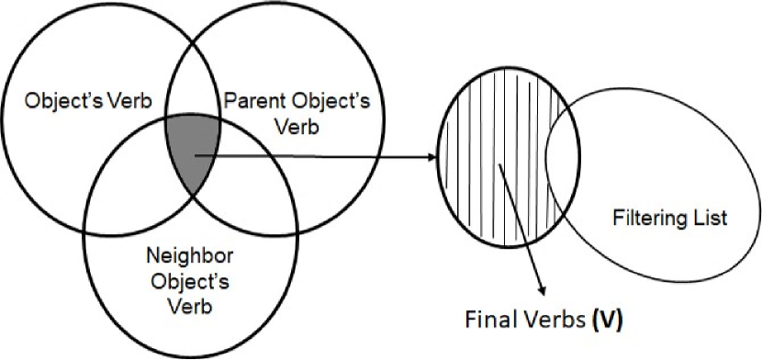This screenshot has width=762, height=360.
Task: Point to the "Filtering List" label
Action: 668,219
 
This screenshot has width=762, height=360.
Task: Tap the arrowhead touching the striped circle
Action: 431,158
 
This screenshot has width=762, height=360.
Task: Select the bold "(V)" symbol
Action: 610,321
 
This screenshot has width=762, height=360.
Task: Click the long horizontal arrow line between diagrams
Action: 321,157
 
